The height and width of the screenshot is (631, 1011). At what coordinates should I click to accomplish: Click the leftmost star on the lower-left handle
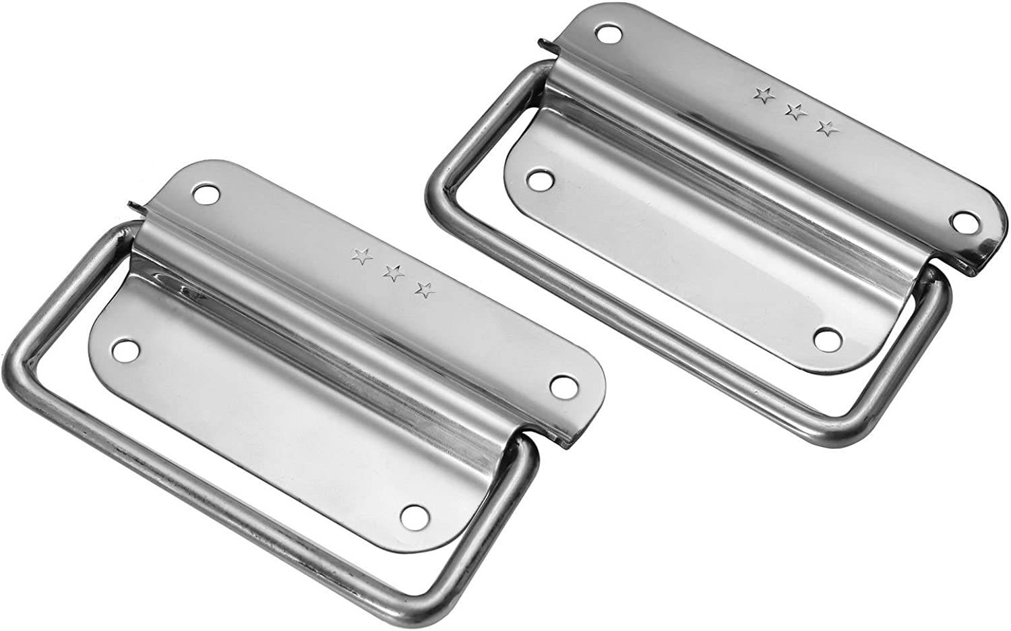tap(362, 256)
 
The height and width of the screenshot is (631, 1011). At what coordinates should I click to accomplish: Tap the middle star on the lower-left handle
tap(394, 273)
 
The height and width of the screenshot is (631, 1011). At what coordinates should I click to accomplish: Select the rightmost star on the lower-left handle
tap(425, 290)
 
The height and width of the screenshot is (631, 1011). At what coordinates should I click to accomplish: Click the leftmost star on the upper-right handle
tap(764, 95)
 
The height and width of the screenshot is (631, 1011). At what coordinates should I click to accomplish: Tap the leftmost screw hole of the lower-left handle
tap(124, 350)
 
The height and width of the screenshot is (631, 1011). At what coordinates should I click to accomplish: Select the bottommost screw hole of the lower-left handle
tap(412, 516)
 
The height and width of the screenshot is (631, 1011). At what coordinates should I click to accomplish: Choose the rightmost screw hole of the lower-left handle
tap(561, 386)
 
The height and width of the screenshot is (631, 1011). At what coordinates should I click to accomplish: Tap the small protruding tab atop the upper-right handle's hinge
tap(543, 45)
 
